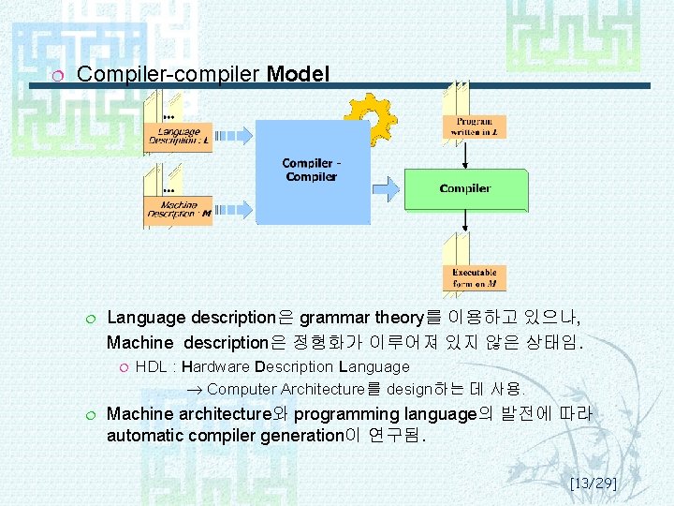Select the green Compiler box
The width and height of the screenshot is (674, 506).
(x=465, y=188)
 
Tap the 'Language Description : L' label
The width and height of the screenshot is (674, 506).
(x=179, y=135)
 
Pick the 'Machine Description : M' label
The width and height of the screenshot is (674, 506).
(x=179, y=209)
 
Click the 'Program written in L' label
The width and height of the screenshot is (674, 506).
(x=475, y=126)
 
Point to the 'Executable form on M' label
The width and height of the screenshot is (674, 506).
(x=475, y=277)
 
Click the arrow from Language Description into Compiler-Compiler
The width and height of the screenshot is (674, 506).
(x=234, y=133)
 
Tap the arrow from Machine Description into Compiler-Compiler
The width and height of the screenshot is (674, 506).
(x=234, y=208)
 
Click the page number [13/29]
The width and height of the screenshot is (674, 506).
(x=593, y=484)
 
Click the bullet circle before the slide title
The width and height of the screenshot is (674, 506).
(x=58, y=75)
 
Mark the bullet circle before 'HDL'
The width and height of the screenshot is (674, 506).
(x=122, y=367)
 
